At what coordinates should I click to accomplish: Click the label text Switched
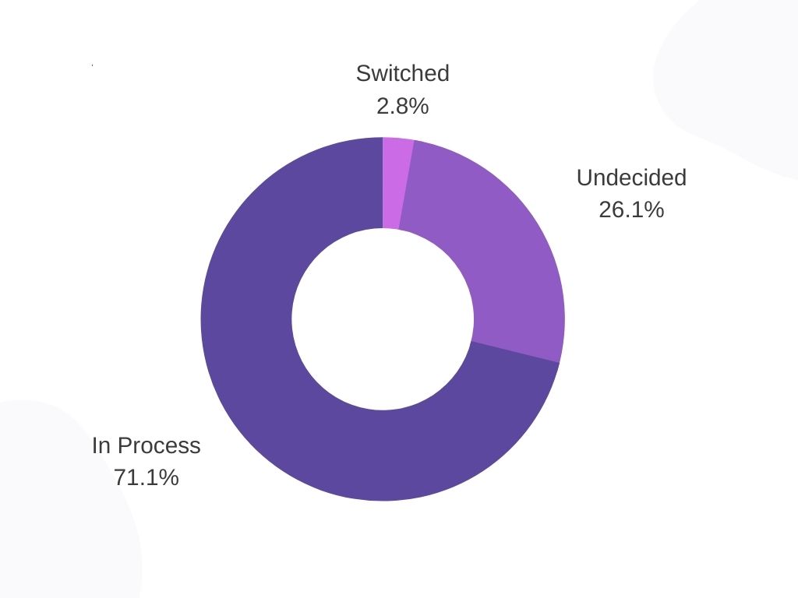(402, 73)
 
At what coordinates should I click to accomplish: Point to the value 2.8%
(402, 106)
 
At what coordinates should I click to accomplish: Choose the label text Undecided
(631, 178)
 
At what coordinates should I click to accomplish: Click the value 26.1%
(631, 209)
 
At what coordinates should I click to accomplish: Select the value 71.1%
(146, 477)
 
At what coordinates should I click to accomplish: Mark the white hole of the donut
(383, 318)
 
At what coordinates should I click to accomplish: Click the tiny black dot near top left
(92, 65)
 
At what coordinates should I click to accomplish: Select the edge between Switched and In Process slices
(383, 183)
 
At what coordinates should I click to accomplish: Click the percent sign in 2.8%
(420, 106)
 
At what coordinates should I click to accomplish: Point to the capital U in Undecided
(584, 178)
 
